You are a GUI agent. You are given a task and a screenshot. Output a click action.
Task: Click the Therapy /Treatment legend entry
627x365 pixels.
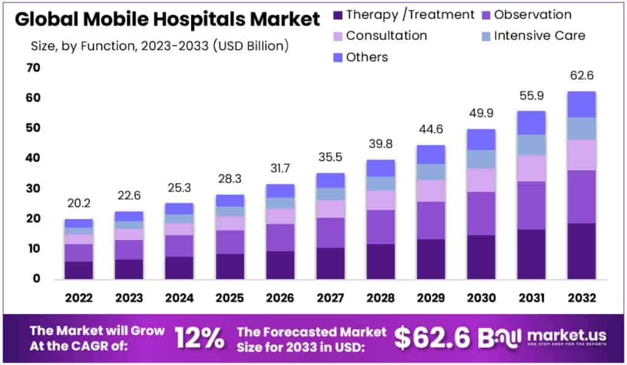pos(403,15)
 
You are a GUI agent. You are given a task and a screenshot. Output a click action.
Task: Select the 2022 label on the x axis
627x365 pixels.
pos(79,298)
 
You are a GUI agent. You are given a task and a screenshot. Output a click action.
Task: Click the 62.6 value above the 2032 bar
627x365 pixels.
pos(581,76)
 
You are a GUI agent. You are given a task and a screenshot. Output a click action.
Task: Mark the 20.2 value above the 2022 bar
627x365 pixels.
pos(79,203)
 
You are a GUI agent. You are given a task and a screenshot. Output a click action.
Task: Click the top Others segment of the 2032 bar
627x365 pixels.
pos(581,104)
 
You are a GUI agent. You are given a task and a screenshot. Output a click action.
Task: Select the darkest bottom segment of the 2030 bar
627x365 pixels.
pos(482,257)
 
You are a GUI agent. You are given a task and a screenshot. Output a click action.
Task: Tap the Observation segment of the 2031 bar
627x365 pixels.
pos(531,205)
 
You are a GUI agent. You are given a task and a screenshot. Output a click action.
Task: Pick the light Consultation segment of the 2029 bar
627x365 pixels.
pos(432,190)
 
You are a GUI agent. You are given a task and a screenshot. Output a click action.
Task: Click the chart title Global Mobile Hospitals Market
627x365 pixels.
pos(167,20)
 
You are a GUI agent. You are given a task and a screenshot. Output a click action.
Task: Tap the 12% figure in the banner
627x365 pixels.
pos(199,337)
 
